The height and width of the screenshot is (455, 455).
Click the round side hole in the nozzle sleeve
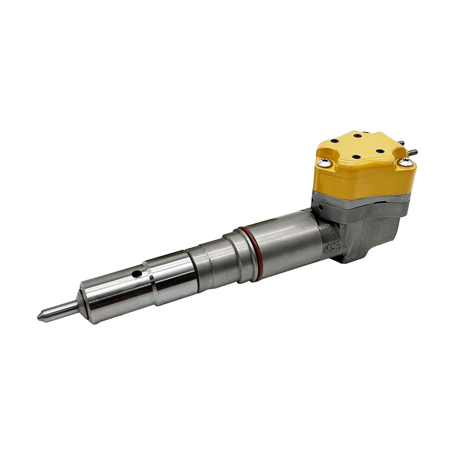[x=135, y=273]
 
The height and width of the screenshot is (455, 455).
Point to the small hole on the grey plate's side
[x=321, y=207]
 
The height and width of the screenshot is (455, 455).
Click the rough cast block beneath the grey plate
[x=364, y=239]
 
